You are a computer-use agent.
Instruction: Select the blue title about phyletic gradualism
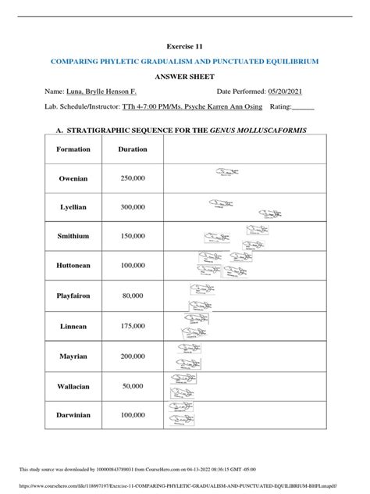185,61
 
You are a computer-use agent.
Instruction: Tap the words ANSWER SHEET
185,77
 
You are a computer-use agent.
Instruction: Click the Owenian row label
79,178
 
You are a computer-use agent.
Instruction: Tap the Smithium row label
79,236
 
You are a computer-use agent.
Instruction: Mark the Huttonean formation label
79,266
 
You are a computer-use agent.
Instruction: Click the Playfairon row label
79,296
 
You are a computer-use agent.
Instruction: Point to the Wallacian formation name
79,385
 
